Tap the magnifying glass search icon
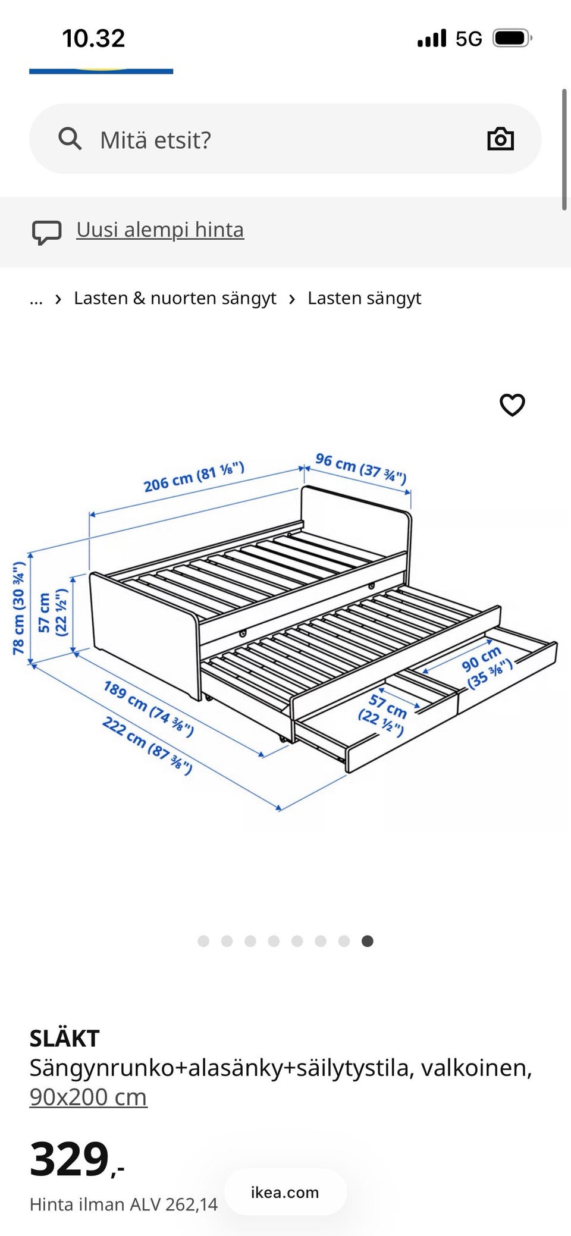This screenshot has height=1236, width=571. pyautogui.click(x=70, y=139)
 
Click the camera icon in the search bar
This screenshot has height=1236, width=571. pyautogui.click(x=500, y=139)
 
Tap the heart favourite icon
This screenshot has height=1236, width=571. pyautogui.click(x=512, y=405)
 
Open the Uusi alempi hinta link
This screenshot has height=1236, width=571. pyautogui.click(x=160, y=230)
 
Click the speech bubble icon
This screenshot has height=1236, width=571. pyautogui.click(x=46, y=233)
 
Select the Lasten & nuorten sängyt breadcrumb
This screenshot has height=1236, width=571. pyautogui.click(x=175, y=298)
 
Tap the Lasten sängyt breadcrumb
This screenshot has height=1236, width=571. pyautogui.click(x=364, y=298)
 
